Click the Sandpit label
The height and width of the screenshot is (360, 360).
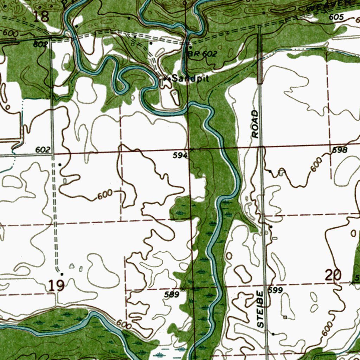click(x=192, y=79)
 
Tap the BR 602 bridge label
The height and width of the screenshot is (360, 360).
click(x=202, y=54)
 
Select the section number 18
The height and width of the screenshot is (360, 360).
click(x=41, y=16)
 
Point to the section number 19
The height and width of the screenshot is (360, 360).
click(x=56, y=285)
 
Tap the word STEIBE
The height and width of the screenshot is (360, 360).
click(x=260, y=309)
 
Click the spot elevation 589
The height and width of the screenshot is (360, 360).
click(x=172, y=295)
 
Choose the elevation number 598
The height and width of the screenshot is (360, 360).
click(x=340, y=150)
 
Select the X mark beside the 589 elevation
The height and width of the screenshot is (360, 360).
click(x=183, y=289)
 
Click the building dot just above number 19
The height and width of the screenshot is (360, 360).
click(x=62, y=274)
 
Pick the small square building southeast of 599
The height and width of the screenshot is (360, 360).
click(x=285, y=317)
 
